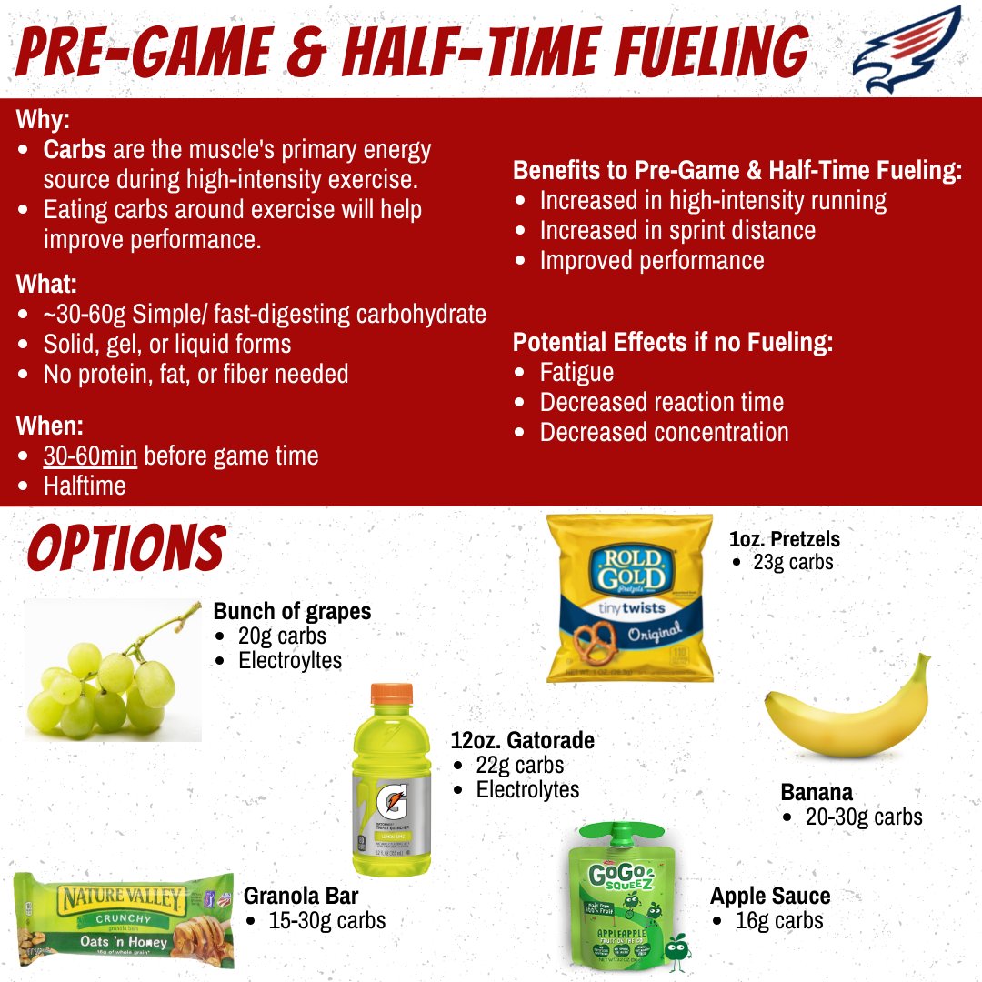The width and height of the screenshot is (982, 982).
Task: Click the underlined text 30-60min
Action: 90,455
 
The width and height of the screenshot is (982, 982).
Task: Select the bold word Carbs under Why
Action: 75,149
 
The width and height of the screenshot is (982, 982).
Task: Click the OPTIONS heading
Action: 125,549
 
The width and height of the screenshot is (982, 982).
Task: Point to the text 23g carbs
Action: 793,562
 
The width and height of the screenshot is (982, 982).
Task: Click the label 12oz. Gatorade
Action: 522,740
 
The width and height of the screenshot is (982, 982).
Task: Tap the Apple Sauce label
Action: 769,896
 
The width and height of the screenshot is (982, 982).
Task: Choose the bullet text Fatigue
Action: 576,372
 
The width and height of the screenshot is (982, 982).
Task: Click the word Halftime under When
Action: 85,485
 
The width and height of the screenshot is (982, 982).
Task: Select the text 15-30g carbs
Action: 326,920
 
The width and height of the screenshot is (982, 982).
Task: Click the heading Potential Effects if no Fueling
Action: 673,342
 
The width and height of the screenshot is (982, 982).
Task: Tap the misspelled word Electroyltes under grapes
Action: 290,660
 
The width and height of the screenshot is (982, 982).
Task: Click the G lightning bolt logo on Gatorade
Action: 392,800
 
